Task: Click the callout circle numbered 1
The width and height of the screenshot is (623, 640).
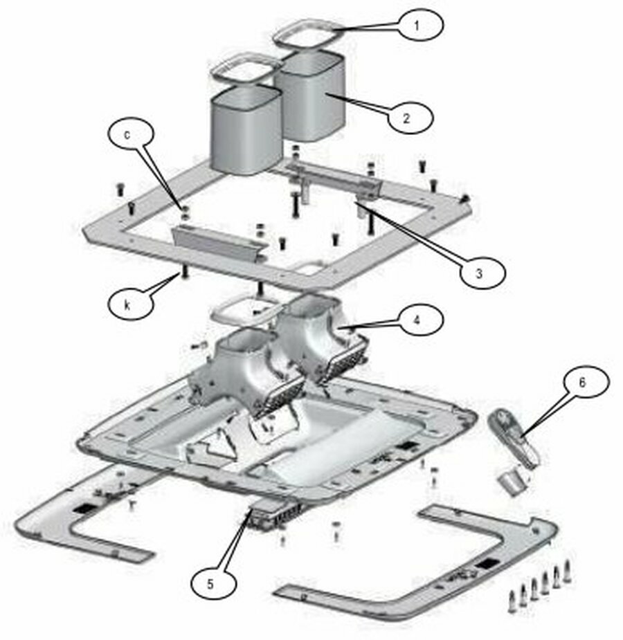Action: [x=420, y=25]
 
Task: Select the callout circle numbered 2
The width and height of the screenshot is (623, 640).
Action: [x=410, y=118]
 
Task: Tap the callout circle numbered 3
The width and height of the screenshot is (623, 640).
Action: [x=482, y=273]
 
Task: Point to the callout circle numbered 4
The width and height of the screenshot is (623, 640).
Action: [x=420, y=320]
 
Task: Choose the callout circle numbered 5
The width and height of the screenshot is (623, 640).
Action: [x=213, y=584]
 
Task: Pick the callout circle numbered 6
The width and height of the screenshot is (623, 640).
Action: [x=586, y=382]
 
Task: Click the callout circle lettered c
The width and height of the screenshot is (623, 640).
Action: [x=131, y=134]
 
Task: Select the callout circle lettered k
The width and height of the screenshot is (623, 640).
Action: [x=131, y=305]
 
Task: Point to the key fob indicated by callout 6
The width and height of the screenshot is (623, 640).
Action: [x=514, y=437]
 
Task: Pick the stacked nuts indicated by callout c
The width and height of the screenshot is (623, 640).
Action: [x=185, y=212]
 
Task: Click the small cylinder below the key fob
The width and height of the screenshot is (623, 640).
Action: [x=512, y=482]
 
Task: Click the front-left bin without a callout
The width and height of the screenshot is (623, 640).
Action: [x=246, y=130]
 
